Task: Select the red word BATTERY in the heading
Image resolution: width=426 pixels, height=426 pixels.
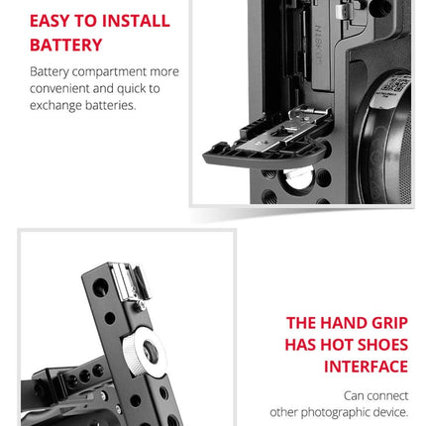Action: coord(66,45)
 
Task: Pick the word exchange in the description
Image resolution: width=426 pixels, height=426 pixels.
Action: coord(55,106)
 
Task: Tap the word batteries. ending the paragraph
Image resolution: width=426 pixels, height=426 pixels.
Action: coord(111,105)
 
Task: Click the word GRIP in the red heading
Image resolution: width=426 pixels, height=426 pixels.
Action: coord(389,323)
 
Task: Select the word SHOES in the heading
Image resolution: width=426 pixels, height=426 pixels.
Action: coord(382,345)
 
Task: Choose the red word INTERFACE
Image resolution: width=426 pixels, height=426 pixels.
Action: coord(366,367)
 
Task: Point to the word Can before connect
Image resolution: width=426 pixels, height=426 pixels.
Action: coord(355,395)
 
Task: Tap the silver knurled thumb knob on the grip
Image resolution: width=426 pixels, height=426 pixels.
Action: coord(145,353)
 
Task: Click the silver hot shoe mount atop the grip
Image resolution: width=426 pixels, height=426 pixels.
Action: coord(130,283)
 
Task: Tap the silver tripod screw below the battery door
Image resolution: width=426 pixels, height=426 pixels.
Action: coord(298,177)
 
